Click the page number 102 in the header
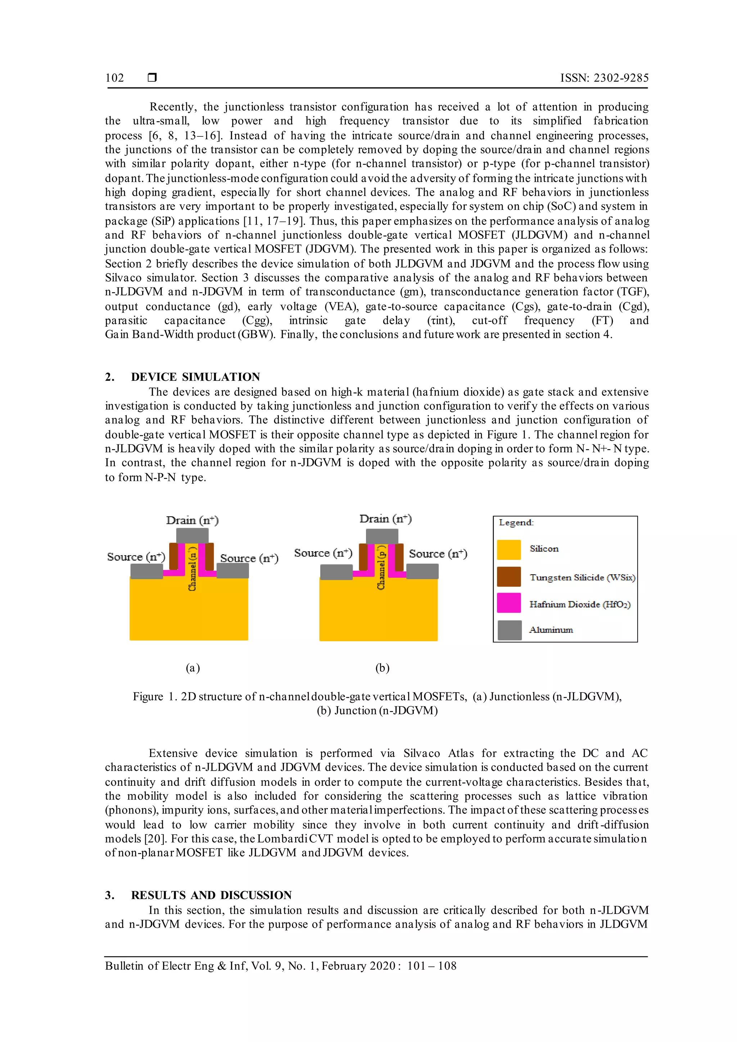click(114, 78)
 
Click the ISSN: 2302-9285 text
click(604, 78)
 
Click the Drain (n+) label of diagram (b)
click(385, 519)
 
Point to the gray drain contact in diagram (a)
click(193, 535)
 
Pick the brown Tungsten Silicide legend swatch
click(509, 577)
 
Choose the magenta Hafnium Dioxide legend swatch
click(509, 603)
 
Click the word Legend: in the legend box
click(516, 522)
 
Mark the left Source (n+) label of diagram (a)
click(136, 557)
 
